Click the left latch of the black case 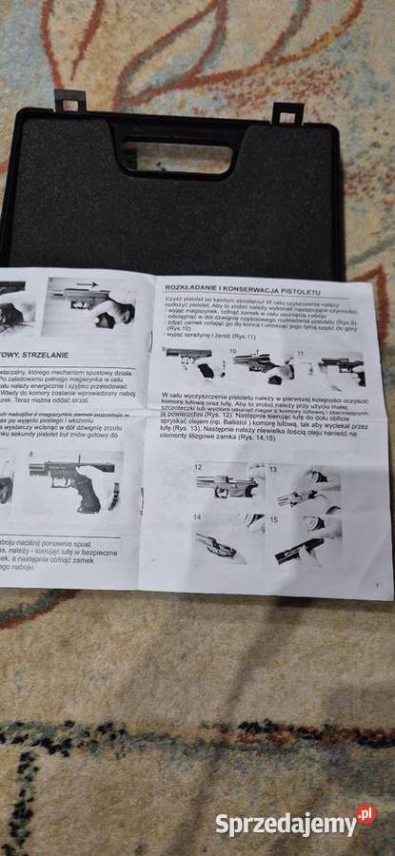[x=69, y=100]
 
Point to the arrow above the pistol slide [x=87, y=284]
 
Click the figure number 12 [x=199, y=467]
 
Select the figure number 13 [x=272, y=469]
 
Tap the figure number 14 [x=197, y=518]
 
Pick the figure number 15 [x=272, y=520]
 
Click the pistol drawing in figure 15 [x=302, y=549]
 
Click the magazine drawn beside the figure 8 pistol [x=116, y=496]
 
